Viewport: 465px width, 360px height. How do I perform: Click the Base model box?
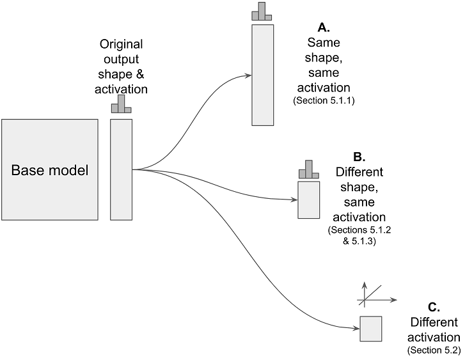click(x=50, y=170)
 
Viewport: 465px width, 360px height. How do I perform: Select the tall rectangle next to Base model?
click(x=122, y=169)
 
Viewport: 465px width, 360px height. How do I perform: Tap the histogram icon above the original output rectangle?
click(x=122, y=105)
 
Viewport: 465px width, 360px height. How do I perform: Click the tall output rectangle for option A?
click(x=263, y=75)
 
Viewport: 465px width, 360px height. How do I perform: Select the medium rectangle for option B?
click(x=309, y=200)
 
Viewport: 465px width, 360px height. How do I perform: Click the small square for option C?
click(x=371, y=329)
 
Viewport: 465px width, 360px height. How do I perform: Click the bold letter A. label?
click(x=324, y=27)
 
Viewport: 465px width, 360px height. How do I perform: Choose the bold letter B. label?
click(x=359, y=156)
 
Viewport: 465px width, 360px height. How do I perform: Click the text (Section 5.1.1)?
click(x=324, y=101)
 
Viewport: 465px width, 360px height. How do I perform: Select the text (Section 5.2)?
click(x=434, y=351)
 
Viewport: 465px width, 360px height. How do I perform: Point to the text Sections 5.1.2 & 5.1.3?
click(x=359, y=235)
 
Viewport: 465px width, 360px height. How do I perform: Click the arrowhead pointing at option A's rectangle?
click(x=248, y=75)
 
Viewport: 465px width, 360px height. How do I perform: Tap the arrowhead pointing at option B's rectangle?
click(x=294, y=200)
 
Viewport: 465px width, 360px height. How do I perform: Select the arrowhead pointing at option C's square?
click(x=356, y=329)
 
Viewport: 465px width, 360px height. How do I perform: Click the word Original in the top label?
click(x=122, y=45)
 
